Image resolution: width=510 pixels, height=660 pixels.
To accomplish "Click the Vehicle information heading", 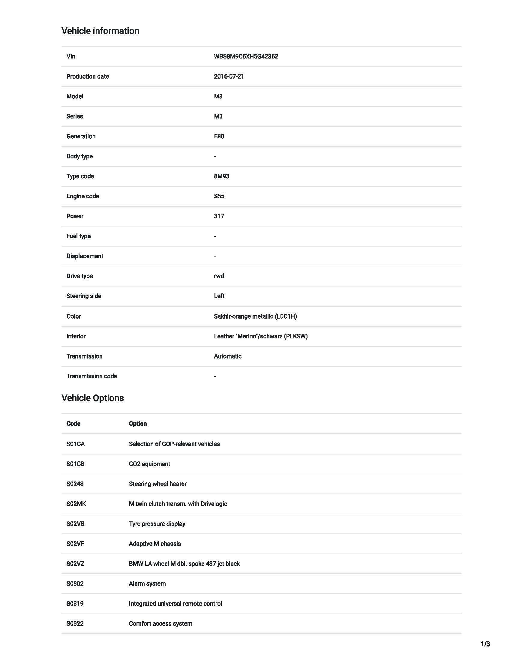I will click(x=100, y=31).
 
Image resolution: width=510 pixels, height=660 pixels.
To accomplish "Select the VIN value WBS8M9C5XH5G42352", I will click(x=246, y=56).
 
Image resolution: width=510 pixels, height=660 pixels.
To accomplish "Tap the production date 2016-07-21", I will click(x=229, y=76).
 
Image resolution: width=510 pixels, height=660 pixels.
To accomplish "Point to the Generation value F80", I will click(x=219, y=136).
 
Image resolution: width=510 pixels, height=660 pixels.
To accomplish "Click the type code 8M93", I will click(x=221, y=176).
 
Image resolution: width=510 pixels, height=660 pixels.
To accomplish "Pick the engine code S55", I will click(x=219, y=196).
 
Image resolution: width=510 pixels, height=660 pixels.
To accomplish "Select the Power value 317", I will click(x=219, y=216).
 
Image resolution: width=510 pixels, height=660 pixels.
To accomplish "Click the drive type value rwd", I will click(x=219, y=276).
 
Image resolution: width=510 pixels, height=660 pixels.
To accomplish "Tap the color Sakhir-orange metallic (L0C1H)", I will click(x=255, y=316).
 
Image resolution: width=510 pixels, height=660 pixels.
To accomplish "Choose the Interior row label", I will click(x=76, y=336).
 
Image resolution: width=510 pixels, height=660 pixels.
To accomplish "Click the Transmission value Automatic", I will click(x=227, y=356).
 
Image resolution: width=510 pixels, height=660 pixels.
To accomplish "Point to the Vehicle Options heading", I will click(x=92, y=398).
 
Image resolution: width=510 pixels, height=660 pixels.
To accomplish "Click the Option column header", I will click(x=138, y=424).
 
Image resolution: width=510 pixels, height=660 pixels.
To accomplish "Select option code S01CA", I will click(x=76, y=444).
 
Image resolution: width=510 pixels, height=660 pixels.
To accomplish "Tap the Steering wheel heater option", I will click(x=157, y=484).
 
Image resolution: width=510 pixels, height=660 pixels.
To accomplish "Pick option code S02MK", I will click(x=76, y=504).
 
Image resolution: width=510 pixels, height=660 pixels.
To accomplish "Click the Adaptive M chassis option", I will click(x=155, y=544).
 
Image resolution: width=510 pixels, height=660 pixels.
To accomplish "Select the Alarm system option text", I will click(x=147, y=583).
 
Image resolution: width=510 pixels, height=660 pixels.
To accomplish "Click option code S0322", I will click(x=75, y=623).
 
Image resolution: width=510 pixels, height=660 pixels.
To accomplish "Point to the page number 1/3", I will click(x=485, y=644).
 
